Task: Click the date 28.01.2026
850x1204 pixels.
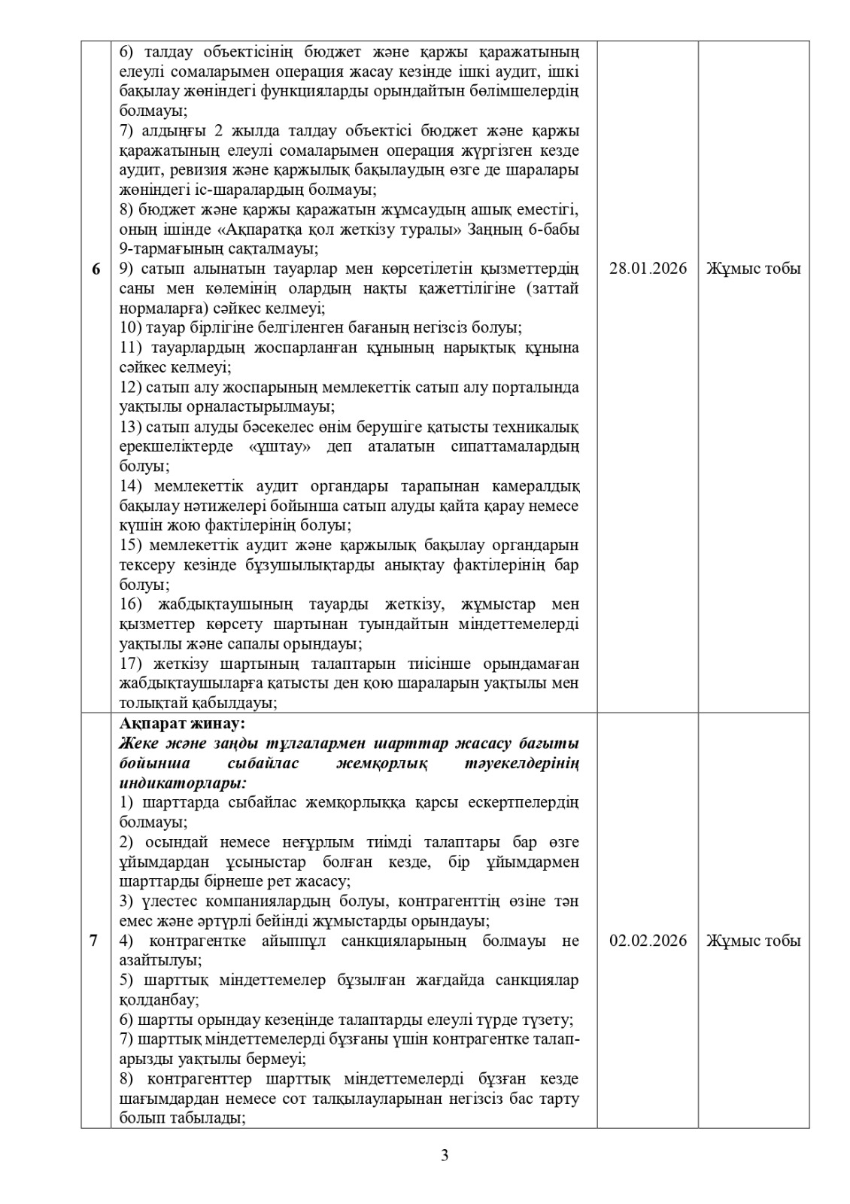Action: tap(648, 269)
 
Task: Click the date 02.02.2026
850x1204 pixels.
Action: tap(648, 941)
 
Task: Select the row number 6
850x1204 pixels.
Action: tap(96, 269)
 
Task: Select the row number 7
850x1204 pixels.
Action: tap(94, 941)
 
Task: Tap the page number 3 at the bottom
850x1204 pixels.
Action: tap(445, 1155)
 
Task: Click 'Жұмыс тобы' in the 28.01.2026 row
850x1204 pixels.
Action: tap(753, 269)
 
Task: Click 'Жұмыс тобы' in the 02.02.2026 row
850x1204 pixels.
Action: tap(753, 941)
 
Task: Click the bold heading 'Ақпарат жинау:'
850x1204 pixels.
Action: tap(182, 724)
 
